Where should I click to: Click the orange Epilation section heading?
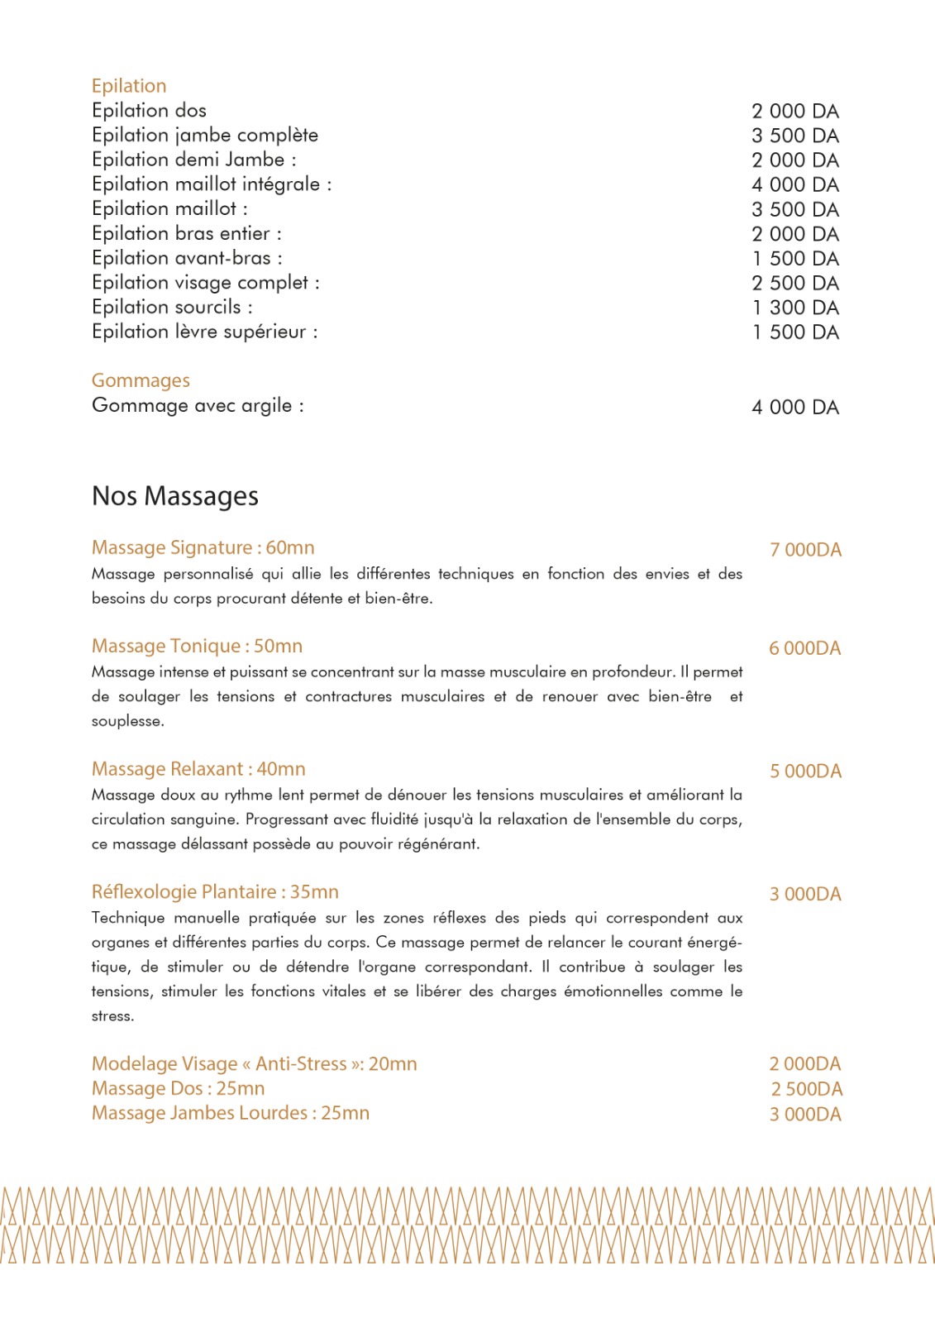click(x=129, y=86)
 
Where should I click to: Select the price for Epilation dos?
click(x=794, y=112)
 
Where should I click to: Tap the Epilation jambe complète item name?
click(x=204, y=136)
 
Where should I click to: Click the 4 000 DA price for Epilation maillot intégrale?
click(x=794, y=185)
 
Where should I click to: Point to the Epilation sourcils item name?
click(x=172, y=308)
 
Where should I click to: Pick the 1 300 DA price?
click(x=794, y=308)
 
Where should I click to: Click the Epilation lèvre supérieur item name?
click(x=204, y=332)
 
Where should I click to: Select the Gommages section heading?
click(x=141, y=380)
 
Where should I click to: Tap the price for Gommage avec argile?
click(x=794, y=408)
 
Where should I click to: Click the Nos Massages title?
click(x=175, y=496)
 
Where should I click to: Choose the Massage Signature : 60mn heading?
click(x=203, y=548)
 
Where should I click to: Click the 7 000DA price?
click(x=805, y=550)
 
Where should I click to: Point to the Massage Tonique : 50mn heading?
click(x=197, y=647)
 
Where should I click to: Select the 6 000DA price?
click(x=804, y=648)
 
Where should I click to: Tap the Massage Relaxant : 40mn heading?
click(x=198, y=770)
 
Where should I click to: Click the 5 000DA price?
click(x=805, y=771)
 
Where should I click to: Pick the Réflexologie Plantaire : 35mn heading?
click(x=215, y=892)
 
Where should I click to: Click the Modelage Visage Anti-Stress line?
click(x=254, y=1064)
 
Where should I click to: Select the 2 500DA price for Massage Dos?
click(x=806, y=1090)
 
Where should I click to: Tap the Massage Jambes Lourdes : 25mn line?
click(x=230, y=1113)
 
